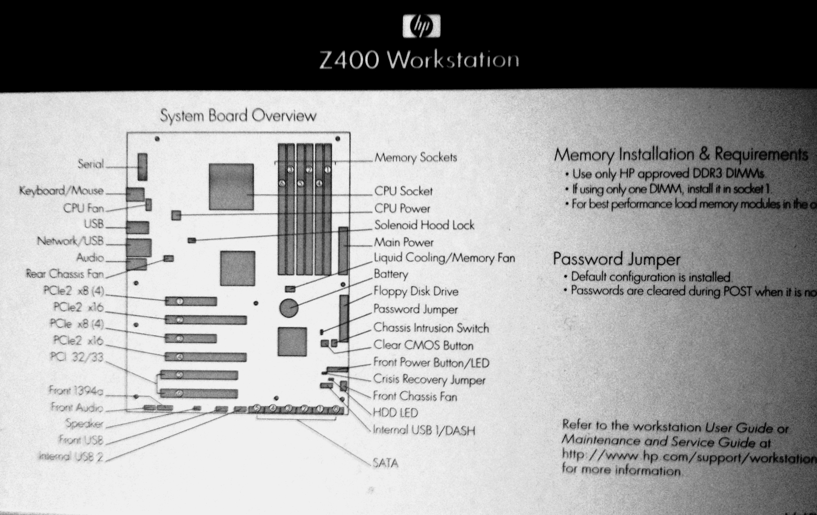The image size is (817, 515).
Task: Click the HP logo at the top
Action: tap(421, 26)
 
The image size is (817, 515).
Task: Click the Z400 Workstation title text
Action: tap(419, 60)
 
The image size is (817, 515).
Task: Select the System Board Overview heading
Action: tap(238, 115)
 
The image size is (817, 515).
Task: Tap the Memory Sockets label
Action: tap(416, 158)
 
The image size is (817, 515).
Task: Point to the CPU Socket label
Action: tap(403, 191)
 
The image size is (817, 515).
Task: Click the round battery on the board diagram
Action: tap(289, 307)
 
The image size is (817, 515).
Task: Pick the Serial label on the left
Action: tap(90, 164)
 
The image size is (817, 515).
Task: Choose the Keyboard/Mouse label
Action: tap(61, 191)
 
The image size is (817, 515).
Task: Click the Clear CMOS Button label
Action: tap(423, 345)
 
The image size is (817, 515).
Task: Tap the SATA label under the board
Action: tap(385, 463)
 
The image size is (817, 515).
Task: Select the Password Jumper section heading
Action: tap(616, 259)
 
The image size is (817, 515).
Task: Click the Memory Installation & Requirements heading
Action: tap(681, 154)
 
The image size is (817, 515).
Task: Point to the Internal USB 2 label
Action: tap(71, 457)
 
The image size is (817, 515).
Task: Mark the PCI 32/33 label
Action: tap(76, 357)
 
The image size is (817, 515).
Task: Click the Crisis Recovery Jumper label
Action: tap(429, 379)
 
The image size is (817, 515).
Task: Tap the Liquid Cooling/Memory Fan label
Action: tap(444, 258)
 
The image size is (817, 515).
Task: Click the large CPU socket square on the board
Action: tap(231, 187)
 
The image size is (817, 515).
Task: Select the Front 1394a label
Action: tap(76, 390)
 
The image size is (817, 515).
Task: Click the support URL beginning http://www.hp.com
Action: tap(689, 457)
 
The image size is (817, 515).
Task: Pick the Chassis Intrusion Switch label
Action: tap(431, 328)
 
